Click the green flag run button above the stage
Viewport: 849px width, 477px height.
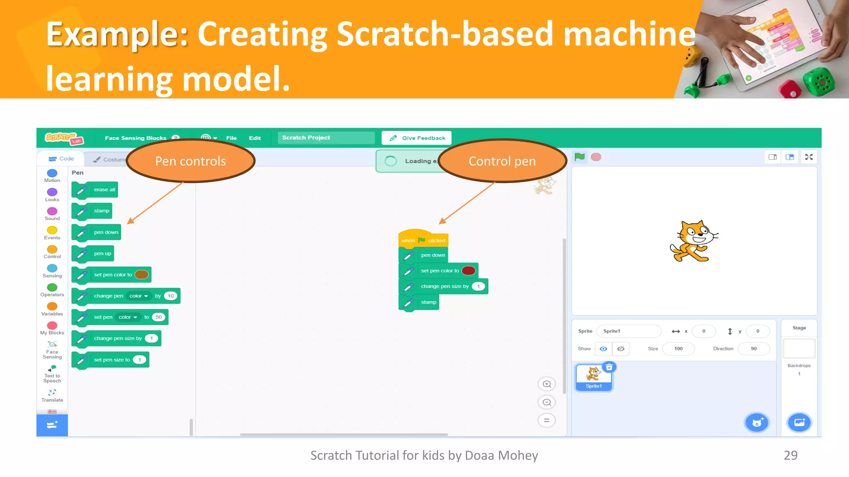tap(580, 157)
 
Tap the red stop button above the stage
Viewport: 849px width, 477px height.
tap(596, 157)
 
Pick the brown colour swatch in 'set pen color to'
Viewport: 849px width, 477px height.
tap(141, 275)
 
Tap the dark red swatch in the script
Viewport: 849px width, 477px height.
tap(468, 270)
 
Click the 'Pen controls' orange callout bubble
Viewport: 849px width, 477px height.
tap(191, 161)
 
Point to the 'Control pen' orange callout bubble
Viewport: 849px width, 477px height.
tap(502, 161)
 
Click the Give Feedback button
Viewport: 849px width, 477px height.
tap(417, 138)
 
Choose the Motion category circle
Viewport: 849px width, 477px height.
tap(52, 173)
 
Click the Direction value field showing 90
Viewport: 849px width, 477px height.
tap(753, 349)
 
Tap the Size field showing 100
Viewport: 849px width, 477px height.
tap(678, 349)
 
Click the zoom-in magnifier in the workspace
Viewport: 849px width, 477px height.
tap(547, 384)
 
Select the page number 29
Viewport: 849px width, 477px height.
tap(791, 455)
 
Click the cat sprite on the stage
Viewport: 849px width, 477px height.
tap(694, 241)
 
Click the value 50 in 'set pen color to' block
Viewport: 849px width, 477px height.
tap(159, 317)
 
